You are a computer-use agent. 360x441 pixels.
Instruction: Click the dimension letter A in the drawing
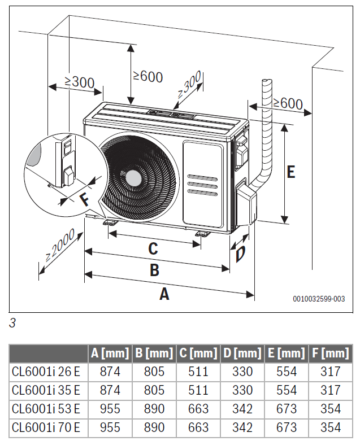[164, 294]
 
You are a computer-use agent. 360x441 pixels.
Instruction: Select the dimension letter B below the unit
[154, 270]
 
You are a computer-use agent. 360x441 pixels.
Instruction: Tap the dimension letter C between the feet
[153, 248]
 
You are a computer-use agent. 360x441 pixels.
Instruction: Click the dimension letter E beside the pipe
[290, 172]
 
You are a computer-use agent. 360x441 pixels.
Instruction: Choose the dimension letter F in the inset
[84, 200]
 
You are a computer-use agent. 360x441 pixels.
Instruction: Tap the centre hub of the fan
[133, 177]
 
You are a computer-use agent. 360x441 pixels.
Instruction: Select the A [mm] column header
[110, 353]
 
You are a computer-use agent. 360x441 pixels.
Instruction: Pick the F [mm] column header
[330, 353]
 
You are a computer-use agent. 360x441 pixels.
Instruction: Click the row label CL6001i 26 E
[46, 372]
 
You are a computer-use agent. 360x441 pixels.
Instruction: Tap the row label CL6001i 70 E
[46, 427]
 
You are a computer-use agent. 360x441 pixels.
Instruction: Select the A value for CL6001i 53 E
[110, 409]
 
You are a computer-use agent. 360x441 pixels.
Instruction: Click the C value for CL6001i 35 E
[198, 390]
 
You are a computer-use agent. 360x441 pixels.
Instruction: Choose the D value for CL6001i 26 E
[242, 372]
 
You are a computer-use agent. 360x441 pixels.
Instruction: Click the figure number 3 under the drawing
[12, 324]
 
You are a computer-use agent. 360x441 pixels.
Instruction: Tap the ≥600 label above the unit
[148, 76]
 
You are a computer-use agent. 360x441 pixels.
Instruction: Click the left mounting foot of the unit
[111, 222]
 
